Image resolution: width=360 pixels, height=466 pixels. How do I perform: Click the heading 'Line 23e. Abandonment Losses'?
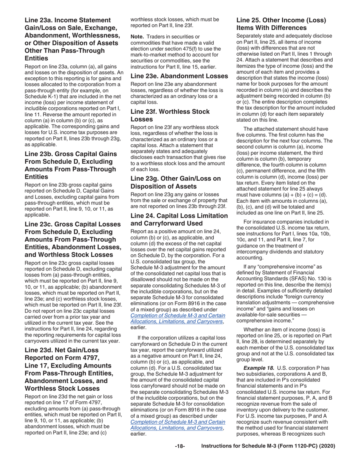179,76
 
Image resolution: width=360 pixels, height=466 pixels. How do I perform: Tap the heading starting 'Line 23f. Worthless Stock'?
170,115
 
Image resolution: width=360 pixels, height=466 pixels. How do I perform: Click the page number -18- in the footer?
180,446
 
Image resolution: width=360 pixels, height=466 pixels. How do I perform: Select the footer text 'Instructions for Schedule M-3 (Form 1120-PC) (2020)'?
268,446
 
